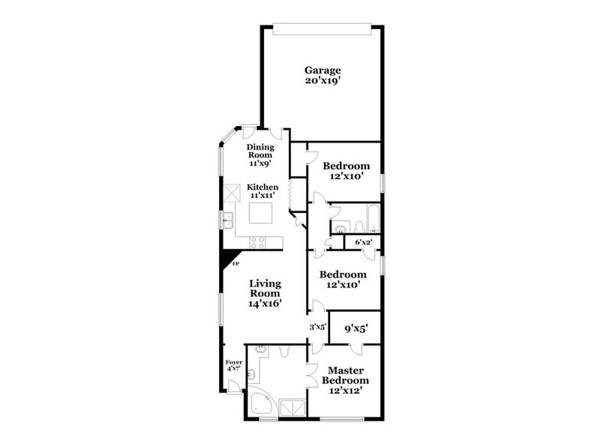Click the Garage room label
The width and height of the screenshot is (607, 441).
point(322,70)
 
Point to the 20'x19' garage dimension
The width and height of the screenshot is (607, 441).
point(322,81)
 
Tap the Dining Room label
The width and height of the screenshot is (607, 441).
point(260,150)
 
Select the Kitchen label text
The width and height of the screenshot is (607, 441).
point(263,187)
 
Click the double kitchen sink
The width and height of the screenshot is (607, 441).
point(227,220)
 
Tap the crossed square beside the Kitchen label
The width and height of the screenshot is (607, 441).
point(228,193)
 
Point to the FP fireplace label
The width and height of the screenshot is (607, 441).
point(235,264)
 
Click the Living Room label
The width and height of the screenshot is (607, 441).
point(265,289)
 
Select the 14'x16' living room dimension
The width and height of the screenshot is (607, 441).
point(265,304)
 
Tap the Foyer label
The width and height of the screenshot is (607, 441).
point(233,362)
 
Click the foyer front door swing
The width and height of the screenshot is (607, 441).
point(234,387)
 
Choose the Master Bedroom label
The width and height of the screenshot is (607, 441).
point(345,375)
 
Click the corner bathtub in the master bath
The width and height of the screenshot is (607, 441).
point(261,403)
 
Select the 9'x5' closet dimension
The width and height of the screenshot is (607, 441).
point(356,328)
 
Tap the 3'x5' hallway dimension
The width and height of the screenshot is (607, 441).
point(317,327)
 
